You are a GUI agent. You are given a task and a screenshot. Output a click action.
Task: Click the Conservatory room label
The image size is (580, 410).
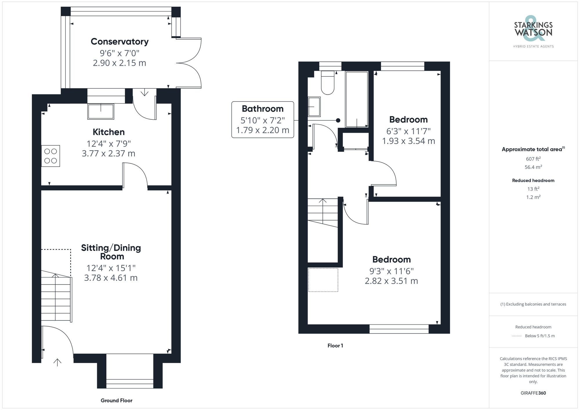[x=119, y=41]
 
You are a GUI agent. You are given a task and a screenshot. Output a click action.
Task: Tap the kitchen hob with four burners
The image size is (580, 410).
[x=50, y=156]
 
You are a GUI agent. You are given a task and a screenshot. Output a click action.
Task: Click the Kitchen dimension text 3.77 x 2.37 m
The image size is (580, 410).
[x=108, y=153]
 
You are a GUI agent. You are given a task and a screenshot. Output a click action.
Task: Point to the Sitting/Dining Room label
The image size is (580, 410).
[x=111, y=252]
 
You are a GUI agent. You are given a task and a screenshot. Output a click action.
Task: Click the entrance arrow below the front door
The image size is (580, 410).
[x=57, y=362]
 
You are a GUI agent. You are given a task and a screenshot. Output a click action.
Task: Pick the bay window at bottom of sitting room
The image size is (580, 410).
[x=130, y=383]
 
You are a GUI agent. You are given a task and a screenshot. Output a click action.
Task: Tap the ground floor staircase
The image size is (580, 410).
[x=56, y=298]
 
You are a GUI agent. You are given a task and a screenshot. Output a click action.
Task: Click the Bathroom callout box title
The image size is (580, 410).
[x=262, y=109]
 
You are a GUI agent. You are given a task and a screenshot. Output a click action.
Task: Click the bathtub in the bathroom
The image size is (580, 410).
[x=357, y=99]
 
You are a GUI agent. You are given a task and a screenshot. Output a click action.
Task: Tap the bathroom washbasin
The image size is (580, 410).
[x=314, y=107]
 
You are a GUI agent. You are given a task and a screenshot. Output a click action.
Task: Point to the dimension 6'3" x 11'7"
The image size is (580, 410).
[x=408, y=131]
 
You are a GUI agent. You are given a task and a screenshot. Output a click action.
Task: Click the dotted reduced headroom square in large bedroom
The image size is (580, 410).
[x=323, y=280]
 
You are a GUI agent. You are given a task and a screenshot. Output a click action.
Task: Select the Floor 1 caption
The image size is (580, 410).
[x=335, y=345]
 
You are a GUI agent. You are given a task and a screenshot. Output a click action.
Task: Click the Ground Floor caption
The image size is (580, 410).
[x=117, y=400]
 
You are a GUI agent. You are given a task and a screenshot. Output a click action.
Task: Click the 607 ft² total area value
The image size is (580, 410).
[x=533, y=159]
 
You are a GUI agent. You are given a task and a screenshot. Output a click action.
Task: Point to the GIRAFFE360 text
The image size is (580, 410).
[x=533, y=393]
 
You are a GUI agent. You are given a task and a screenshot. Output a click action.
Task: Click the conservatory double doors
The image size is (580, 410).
[x=190, y=62]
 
